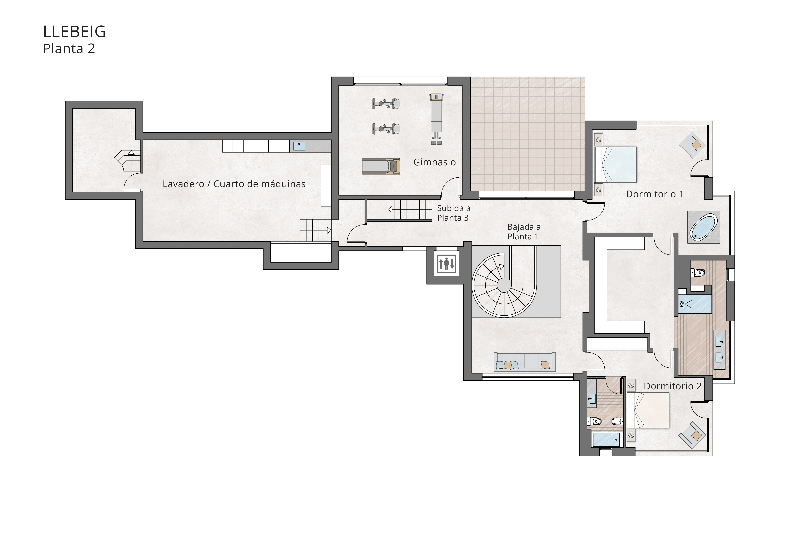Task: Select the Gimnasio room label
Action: (x=434, y=162)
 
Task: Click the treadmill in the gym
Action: (x=381, y=166)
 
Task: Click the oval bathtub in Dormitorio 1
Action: (x=703, y=227)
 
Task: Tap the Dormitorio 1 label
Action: (x=654, y=194)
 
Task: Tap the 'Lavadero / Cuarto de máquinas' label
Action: (x=234, y=184)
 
